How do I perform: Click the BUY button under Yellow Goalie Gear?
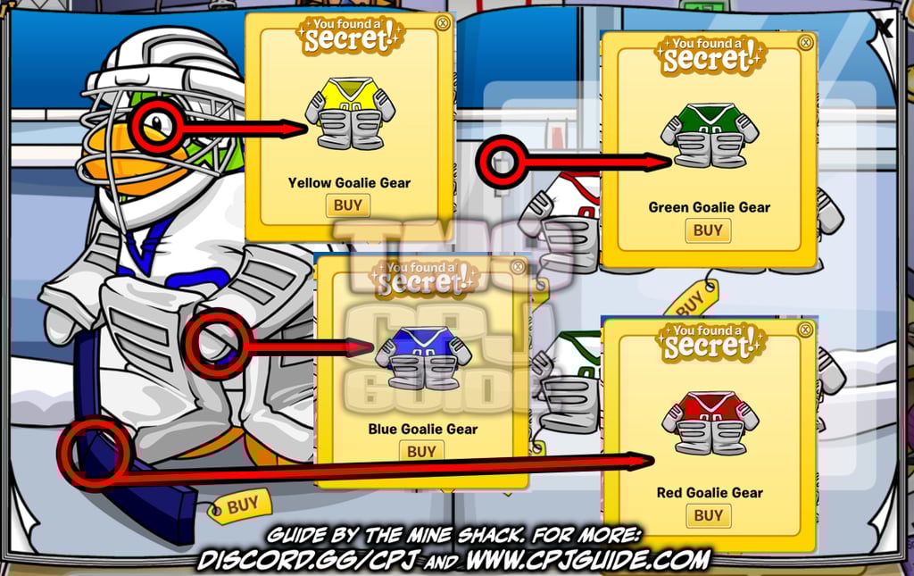click(347, 205)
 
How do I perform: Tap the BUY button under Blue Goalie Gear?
click(421, 452)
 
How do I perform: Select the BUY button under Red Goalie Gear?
click(708, 515)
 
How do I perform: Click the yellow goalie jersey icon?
click(349, 113)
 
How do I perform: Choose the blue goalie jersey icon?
click(423, 357)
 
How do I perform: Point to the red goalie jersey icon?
click(710, 422)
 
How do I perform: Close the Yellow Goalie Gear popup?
click(442, 22)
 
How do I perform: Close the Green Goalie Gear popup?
click(806, 42)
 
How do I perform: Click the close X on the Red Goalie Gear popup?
click(806, 330)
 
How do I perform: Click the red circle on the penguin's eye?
click(158, 125)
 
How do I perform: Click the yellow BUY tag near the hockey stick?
click(239, 506)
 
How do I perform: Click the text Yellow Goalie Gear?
click(349, 183)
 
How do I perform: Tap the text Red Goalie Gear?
click(710, 492)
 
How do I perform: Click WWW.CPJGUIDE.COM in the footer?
click(588, 560)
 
